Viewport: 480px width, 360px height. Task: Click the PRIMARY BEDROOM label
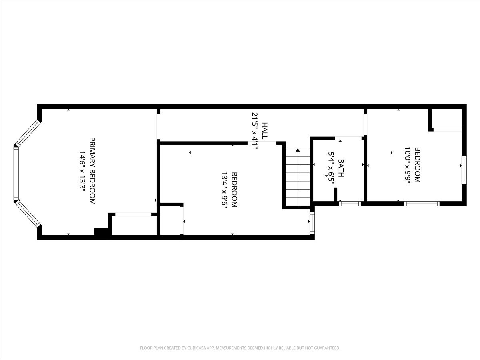click(92, 171)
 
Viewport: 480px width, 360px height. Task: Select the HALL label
click(264, 131)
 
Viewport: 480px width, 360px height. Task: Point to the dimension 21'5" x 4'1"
click(255, 131)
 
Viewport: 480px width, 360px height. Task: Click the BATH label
click(341, 168)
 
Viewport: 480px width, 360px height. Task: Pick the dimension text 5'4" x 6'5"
click(331, 168)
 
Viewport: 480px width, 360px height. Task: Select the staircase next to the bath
click(298, 176)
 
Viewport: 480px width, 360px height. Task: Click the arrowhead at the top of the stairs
click(298, 150)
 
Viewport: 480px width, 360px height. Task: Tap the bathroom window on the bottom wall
click(350, 204)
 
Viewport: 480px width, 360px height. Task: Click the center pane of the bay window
click(16, 173)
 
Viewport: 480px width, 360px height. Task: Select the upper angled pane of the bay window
click(28, 133)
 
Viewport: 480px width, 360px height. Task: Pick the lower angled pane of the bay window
click(28, 214)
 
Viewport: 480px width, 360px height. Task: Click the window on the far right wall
click(464, 170)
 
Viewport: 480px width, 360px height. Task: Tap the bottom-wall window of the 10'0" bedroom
click(422, 204)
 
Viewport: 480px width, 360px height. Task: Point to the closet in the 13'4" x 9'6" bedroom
click(171, 220)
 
